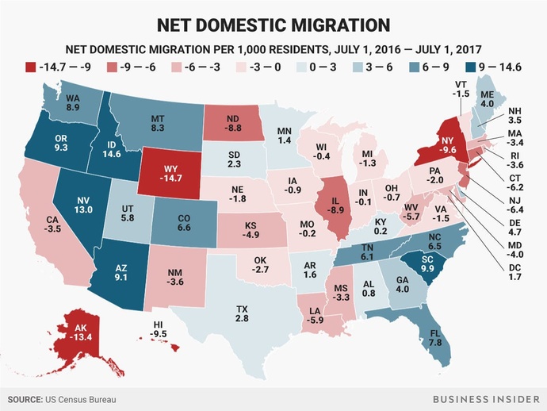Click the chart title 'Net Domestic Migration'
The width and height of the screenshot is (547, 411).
point(273,23)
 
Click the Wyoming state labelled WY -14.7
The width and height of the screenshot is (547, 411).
point(170,175)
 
